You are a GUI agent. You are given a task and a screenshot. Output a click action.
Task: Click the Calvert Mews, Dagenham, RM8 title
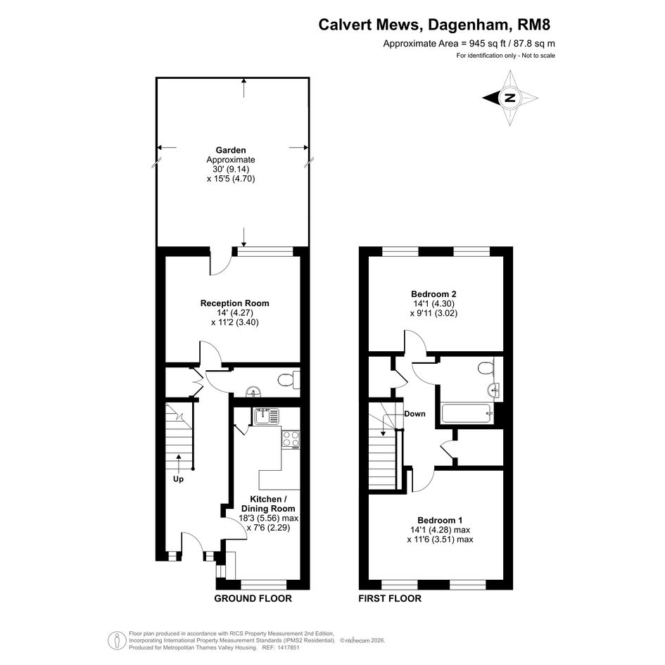434,25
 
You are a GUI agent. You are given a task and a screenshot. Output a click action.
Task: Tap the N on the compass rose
509,98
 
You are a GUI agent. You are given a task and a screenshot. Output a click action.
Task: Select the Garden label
231,150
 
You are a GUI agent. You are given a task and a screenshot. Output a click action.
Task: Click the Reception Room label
235,303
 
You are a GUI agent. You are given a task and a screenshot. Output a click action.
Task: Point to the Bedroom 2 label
433,294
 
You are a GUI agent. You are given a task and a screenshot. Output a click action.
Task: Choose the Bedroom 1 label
440,520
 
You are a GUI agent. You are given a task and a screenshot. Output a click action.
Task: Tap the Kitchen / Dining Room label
268,504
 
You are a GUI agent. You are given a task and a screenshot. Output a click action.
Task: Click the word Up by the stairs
178,479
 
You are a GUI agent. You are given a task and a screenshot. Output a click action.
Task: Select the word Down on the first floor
414,414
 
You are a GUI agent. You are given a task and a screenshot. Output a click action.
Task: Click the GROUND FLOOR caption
253,598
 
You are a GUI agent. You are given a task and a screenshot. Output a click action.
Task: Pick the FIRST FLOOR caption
390,598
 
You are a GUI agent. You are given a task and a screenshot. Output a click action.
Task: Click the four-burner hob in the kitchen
291,439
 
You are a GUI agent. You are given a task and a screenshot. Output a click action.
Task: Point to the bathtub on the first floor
467,413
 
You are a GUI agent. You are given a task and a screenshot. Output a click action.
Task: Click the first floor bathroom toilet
486,367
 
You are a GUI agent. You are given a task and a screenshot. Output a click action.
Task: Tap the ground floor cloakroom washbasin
253,391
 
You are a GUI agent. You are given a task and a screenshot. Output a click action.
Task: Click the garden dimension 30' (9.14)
231,169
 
